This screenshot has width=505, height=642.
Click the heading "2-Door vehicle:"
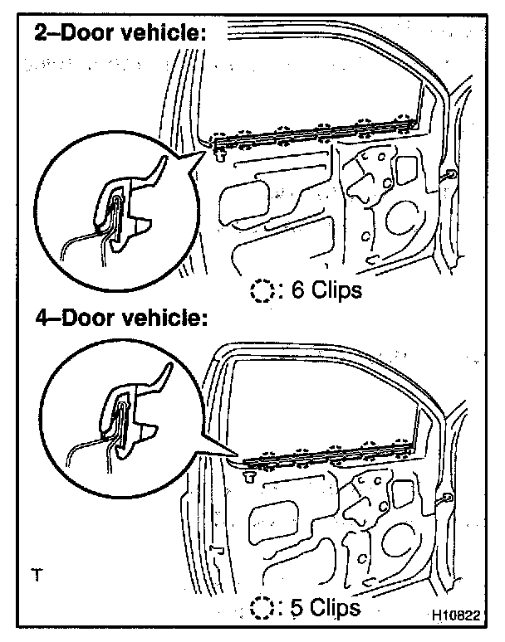tap(119, 34)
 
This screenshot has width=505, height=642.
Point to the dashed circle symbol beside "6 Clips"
tap(262, 291)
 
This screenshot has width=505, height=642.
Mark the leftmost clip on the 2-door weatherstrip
tap(219, 138)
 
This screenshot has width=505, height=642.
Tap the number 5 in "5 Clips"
tap(296, 607)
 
